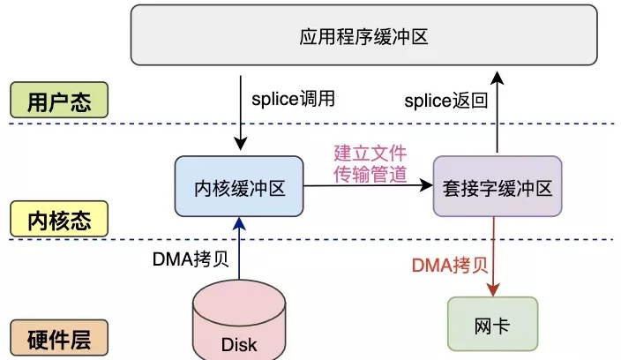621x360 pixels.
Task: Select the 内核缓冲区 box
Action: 239,186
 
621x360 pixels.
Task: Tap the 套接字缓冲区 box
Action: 498,186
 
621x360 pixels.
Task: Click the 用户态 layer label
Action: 59,100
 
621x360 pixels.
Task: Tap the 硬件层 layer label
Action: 59,337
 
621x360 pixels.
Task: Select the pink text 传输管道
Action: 370,174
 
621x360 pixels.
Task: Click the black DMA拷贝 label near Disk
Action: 187,259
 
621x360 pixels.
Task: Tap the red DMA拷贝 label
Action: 449,265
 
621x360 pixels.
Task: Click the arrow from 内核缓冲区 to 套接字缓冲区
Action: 367,186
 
